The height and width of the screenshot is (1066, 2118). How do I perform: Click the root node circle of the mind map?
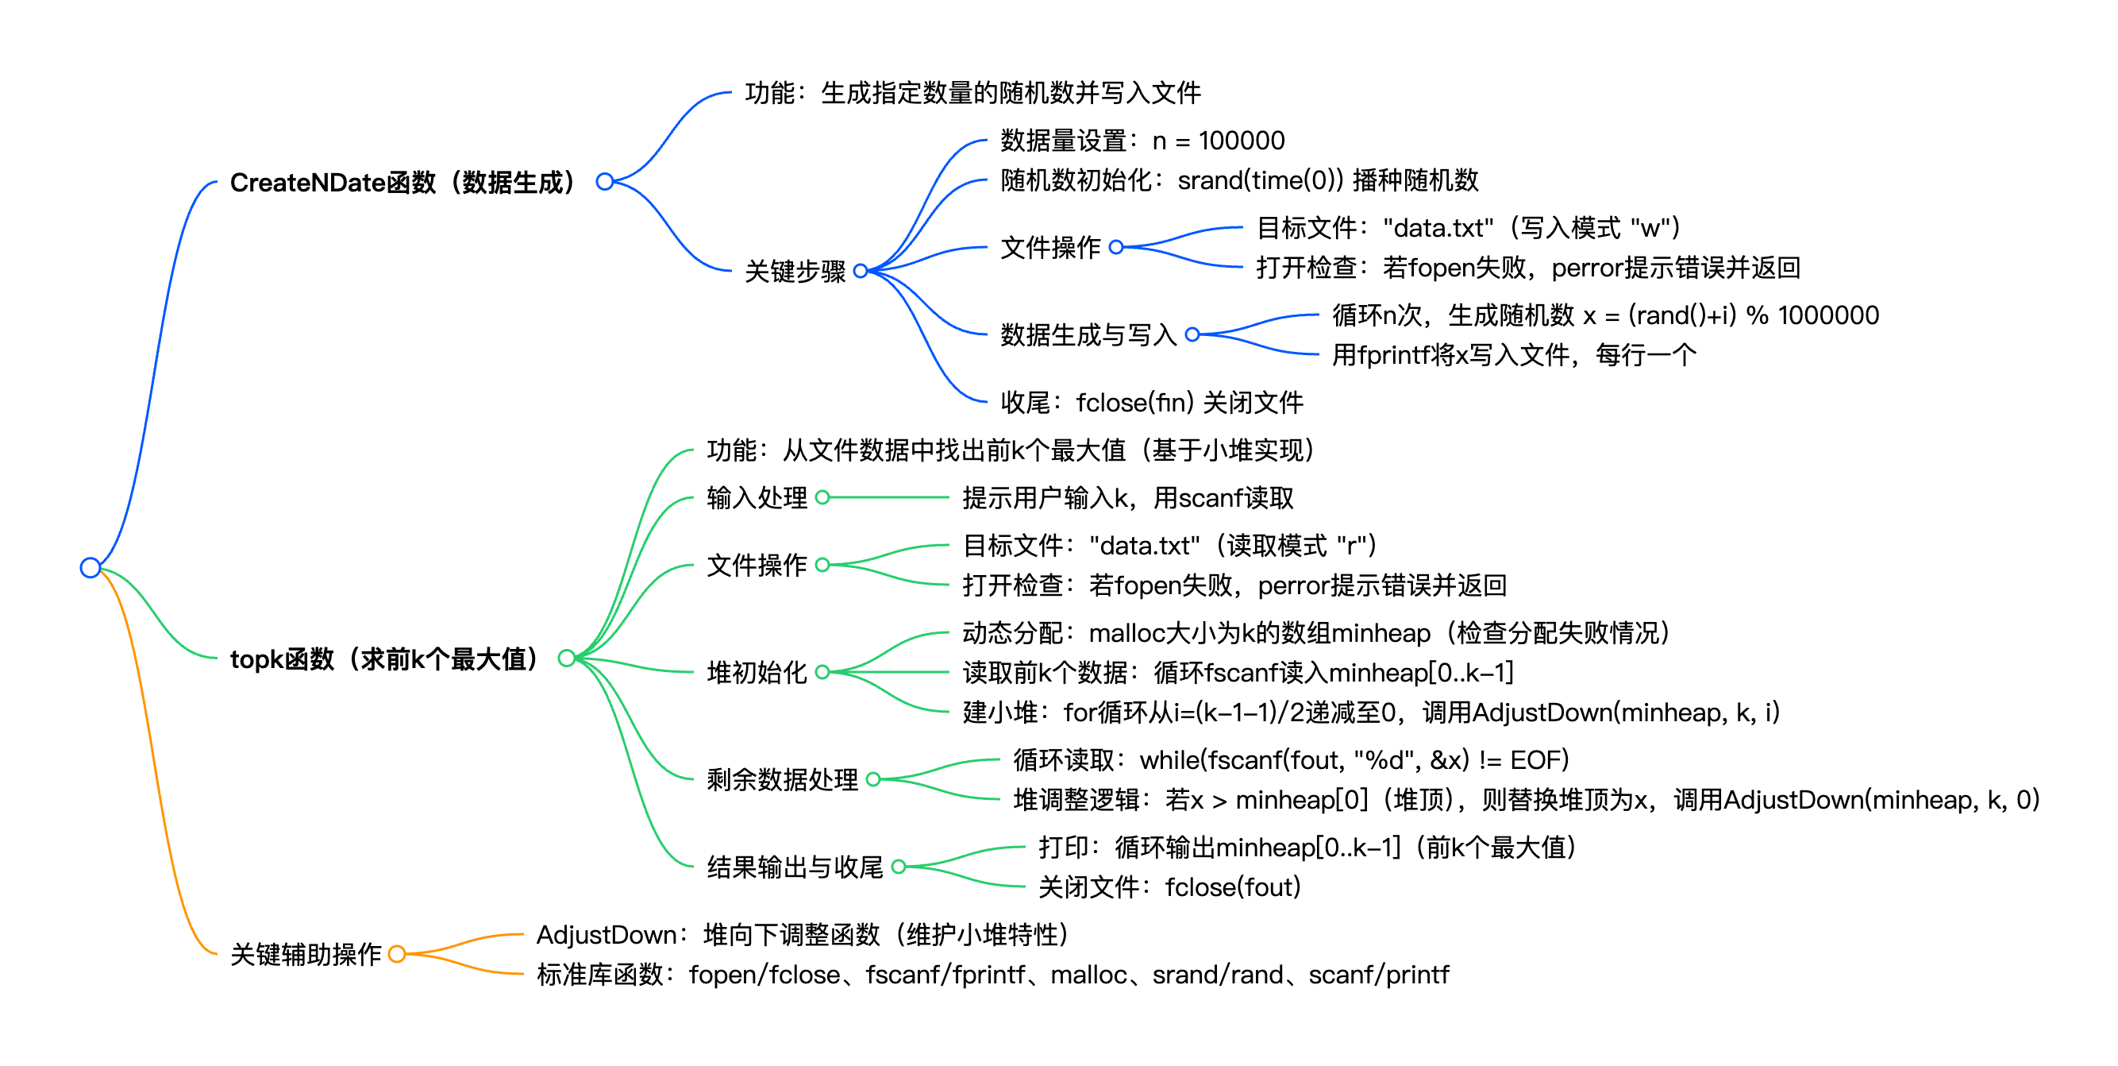[90, 567]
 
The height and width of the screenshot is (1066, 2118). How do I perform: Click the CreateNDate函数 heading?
[403, 183]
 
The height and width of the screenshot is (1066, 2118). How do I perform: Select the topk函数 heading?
[384, 659]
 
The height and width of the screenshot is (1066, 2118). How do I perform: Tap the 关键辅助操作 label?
[306, 954]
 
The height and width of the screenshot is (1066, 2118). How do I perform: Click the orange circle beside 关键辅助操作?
[397, 954]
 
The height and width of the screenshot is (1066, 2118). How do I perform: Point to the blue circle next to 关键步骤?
[861, 271]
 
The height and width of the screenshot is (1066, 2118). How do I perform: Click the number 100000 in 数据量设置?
[1242, 141]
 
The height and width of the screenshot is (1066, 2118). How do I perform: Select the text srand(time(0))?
[1257, 180]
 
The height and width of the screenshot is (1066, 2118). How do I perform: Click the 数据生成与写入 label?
[1088, 334]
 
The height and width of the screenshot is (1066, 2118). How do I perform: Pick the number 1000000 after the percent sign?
[1828, 315]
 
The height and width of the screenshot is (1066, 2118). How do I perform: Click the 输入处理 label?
[757, 497]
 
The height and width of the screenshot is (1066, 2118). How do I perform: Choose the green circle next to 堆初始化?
[822, 672]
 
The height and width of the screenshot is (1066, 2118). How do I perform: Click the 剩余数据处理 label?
[782, 779]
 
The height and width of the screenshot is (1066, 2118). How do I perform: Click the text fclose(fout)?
[1233, 887]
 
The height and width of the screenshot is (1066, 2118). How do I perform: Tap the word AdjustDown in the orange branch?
[607, 935]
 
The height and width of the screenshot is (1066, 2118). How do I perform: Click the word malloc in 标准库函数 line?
[1088, 975]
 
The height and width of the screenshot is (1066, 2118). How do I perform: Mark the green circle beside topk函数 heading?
[567, 658]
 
